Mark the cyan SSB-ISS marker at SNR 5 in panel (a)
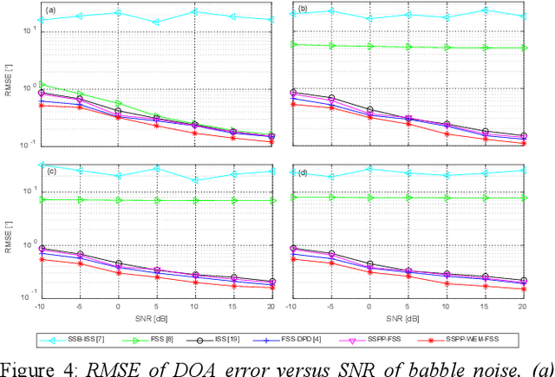click(x=156, y=23)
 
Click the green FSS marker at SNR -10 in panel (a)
click(x=42, y=84)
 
